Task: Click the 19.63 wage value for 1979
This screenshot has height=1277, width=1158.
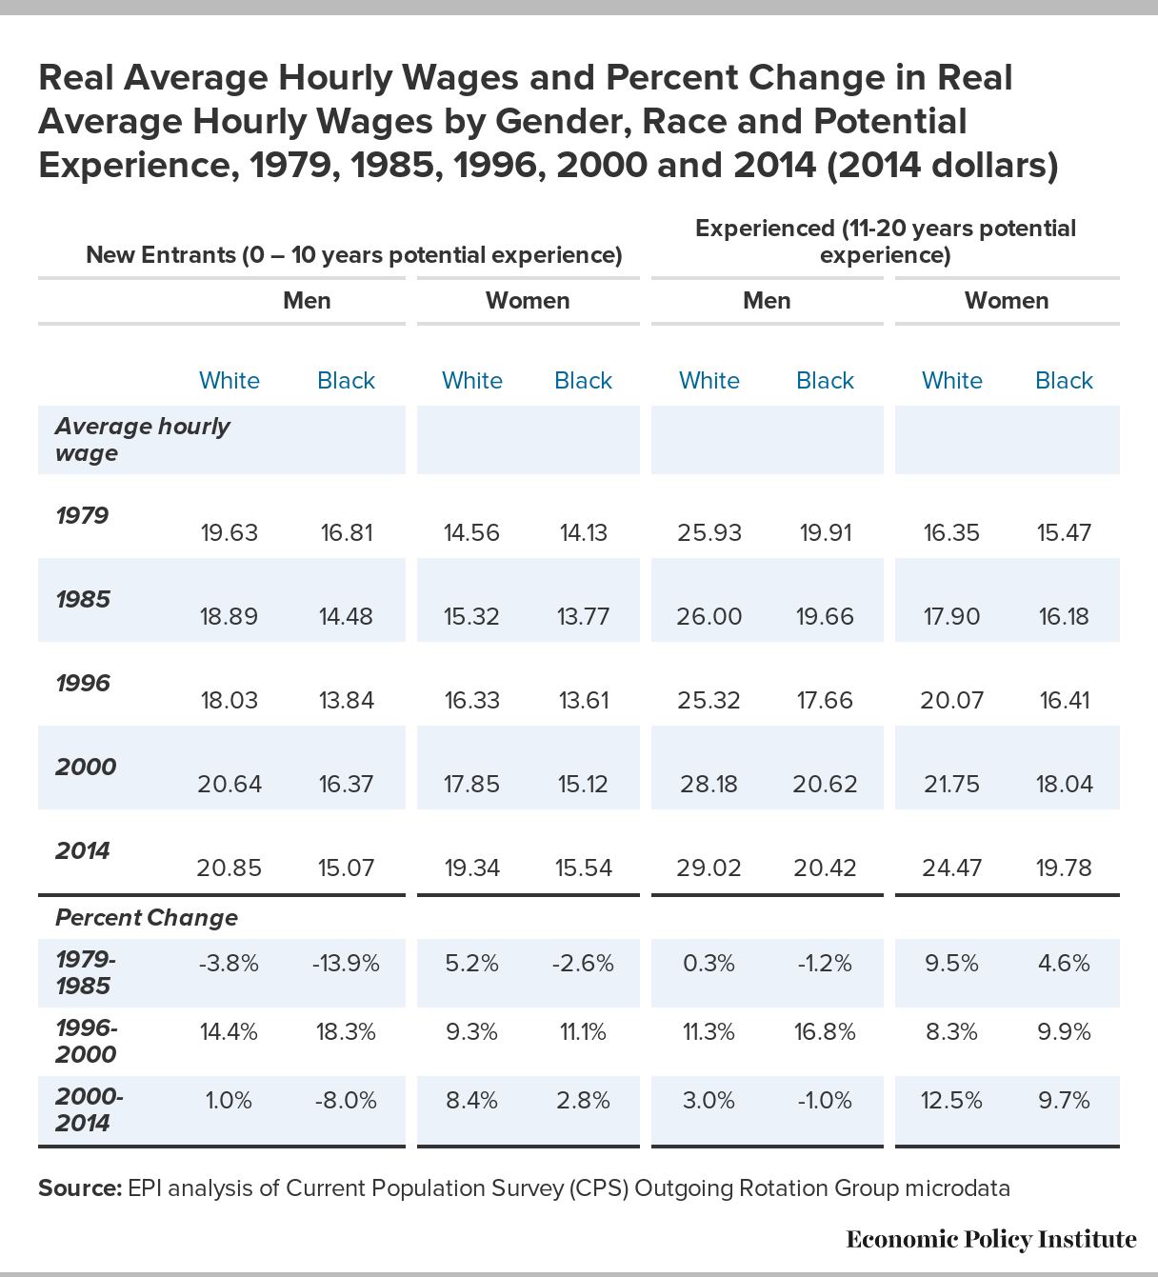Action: tap(230, 532)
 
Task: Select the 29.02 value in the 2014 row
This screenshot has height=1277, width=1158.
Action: tap(709, 868)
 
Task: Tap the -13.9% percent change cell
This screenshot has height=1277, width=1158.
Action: tap(346, 963)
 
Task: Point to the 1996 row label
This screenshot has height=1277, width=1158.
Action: tap(83, 683)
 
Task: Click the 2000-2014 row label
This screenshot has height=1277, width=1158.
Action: tap(90, 1110)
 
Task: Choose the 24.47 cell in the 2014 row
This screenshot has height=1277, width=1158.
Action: tap(951, 868)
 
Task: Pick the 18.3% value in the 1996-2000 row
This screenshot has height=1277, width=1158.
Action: tap(346, 1032)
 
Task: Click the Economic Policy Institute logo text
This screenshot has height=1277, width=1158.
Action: tap(990, 1240)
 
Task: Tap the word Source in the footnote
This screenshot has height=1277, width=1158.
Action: tap(80, 1187)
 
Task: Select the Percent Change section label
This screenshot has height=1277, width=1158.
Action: tap(147, 917)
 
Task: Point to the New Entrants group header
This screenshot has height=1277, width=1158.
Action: tap(354, 254)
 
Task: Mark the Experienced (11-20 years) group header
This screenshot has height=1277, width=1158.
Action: tap(885, 241)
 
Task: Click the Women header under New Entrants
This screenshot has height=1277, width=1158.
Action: tap(528, 301)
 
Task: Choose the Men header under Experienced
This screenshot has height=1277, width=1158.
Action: tap(767, 301)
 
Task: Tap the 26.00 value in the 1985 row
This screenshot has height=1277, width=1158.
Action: tap(709, 616)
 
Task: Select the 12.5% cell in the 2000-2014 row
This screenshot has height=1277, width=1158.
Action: tap(951, 1101)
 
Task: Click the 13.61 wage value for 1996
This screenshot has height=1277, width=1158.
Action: tap(584, 700)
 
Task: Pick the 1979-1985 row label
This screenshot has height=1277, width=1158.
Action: tap(86, 972)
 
